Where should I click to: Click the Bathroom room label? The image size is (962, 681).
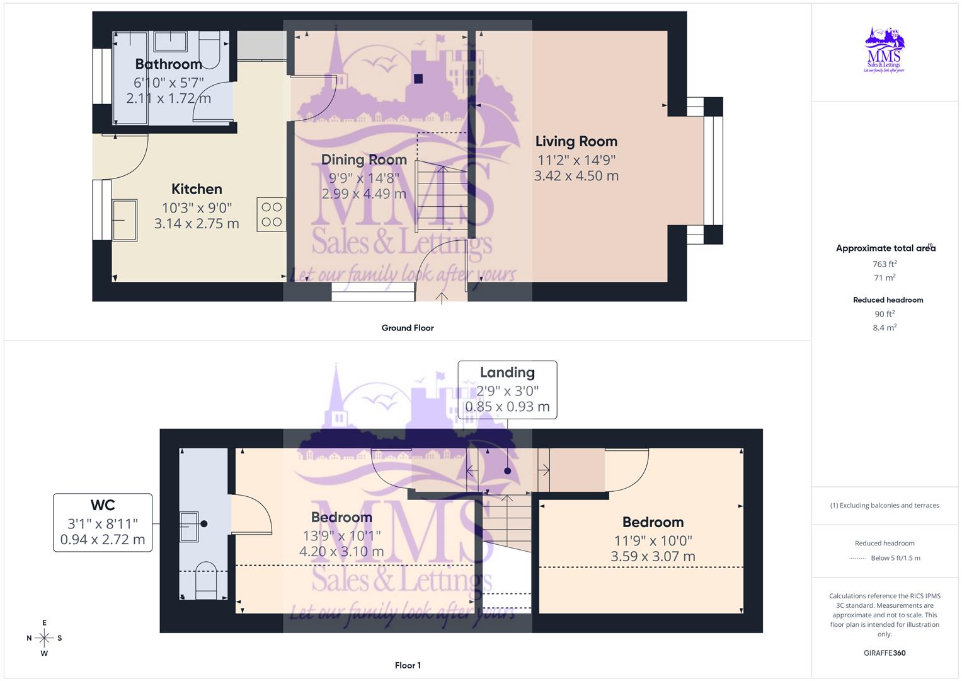click(x=168, y=64)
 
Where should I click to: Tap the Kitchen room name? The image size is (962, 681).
click(x=197, y=189)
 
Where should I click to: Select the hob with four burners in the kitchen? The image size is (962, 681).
click(x=272, y=214)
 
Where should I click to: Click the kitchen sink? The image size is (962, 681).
click(x=125, y=219)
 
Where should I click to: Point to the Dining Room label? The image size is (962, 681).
click(x=364, y=160)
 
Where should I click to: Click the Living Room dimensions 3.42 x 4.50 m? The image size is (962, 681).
click(x=576, y=176)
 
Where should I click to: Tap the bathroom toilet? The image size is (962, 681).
click(x=209, y=50)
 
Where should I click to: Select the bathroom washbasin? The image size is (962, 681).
click(x=170, y=42)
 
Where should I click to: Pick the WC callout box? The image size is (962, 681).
click(x=103, y=523)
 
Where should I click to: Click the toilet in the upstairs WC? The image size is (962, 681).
click(x=206, y=583)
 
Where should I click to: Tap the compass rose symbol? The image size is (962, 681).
click(x=44, y=638)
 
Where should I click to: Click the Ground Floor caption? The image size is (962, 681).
click(x=408, y=328)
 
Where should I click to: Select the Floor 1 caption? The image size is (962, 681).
click(x=408, y=665)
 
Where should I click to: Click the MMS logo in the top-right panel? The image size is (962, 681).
click(x=885, y=50)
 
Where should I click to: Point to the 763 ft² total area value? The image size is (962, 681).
click(x=885, y=264)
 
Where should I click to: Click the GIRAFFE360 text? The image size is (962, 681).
click(x=885, y=653)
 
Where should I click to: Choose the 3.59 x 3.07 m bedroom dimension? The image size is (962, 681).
click(x=653, y=556)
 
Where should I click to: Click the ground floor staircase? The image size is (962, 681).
click(x=442, y=189)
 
